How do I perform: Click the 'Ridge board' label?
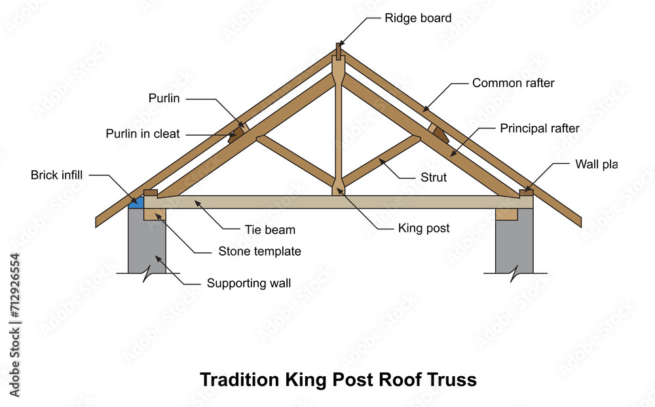point(418,18)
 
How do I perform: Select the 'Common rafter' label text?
point(513,83)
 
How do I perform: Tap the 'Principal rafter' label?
point(540,128)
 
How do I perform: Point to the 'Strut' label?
point(434,178)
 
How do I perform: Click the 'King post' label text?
point(423,228)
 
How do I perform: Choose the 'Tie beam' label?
point(270,230)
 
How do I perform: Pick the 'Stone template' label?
point(259,251)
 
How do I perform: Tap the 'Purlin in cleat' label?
point(143,134)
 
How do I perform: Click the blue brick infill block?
point(136,203)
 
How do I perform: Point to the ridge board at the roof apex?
point(339,50)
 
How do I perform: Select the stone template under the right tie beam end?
point(506,214)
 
